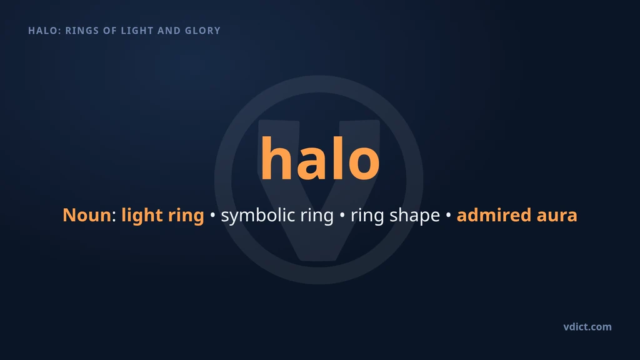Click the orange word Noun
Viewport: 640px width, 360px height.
click(86, 215)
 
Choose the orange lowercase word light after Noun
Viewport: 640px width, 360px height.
click(140, 216)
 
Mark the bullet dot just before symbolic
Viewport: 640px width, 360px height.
click(212, 215)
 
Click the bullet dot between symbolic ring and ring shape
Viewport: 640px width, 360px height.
click(342, 215)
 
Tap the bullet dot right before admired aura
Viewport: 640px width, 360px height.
click(448, 215)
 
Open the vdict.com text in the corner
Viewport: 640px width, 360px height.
click(587, 327)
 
